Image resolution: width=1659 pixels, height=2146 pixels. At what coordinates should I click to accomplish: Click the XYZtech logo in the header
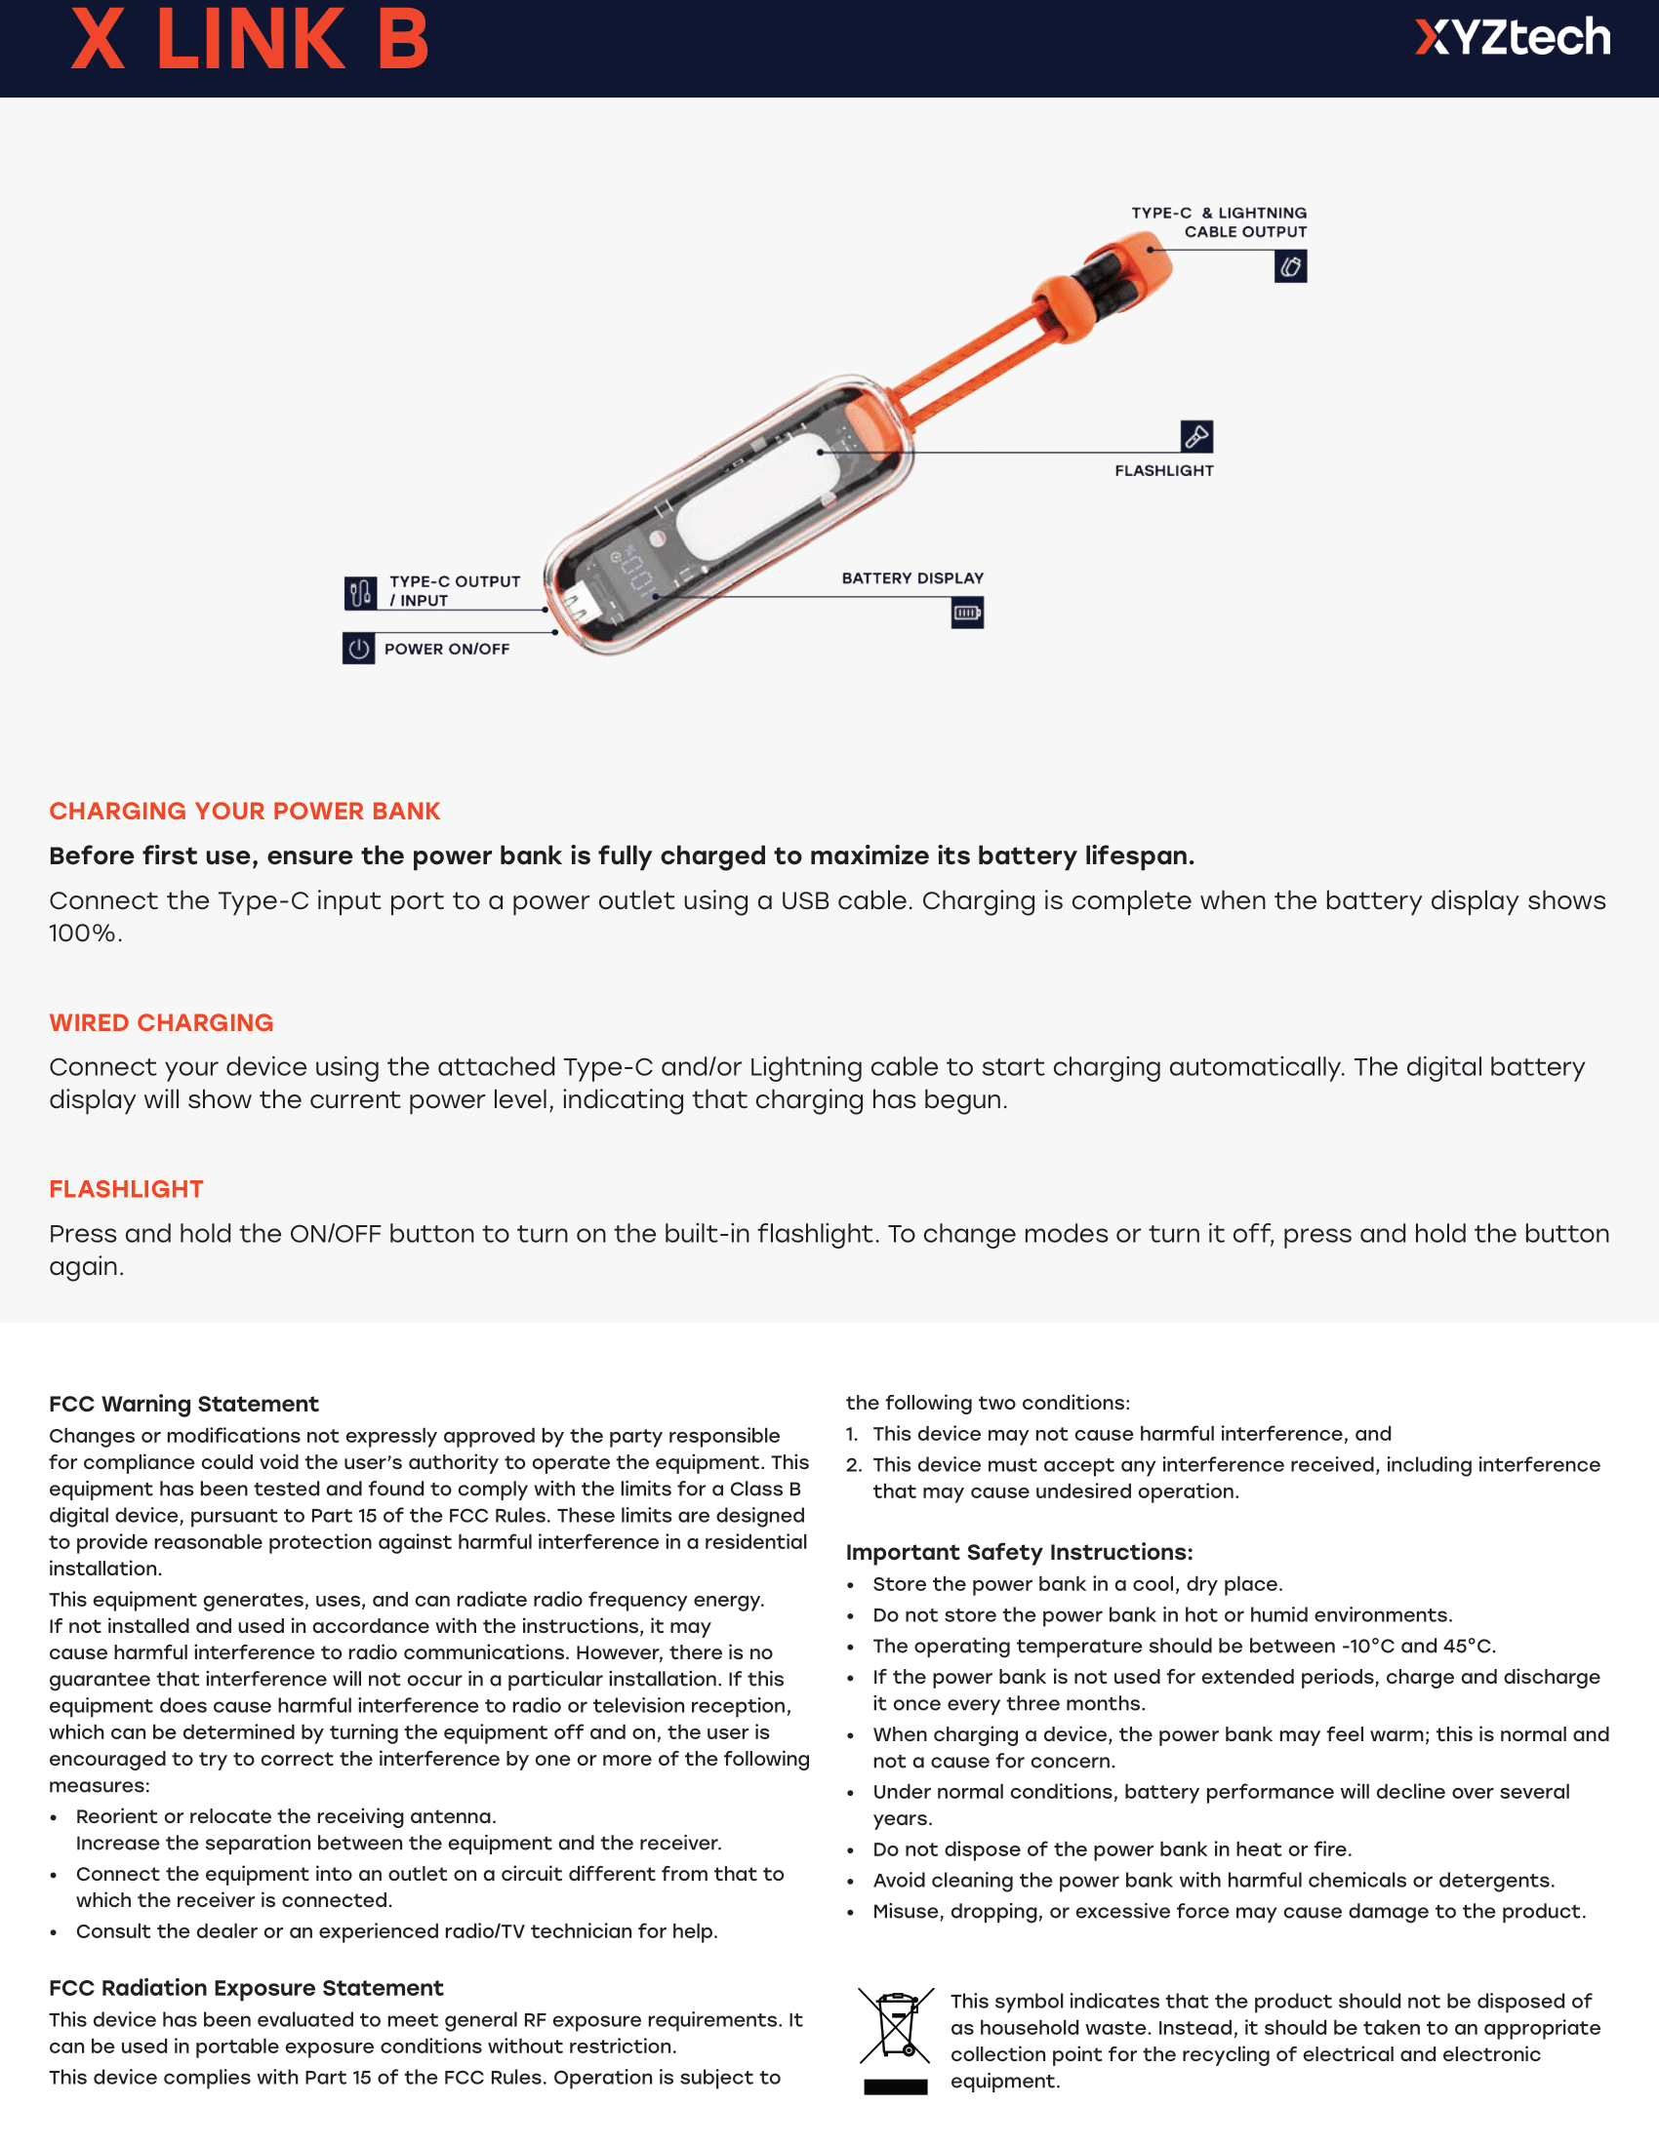click(1512, 38)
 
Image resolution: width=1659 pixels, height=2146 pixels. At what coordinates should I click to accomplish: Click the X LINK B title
click(250, 40)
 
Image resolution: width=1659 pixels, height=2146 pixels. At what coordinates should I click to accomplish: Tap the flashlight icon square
click(1196, 435)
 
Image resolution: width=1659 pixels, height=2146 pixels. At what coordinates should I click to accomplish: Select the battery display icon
click(967, 614)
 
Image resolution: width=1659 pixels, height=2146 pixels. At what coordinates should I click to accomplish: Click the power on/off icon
click(359, 649)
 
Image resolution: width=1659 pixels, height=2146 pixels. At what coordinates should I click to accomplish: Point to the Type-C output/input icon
click(361, 592)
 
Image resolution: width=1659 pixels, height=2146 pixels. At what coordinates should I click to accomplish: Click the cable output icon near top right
click(1290, 266)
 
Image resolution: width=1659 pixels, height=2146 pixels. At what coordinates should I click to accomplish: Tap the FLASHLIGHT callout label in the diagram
click(1163, 471)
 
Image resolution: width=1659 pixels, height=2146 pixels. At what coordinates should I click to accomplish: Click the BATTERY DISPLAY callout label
click(912, 577)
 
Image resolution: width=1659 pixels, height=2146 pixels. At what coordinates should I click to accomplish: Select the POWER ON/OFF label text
click(446, 650)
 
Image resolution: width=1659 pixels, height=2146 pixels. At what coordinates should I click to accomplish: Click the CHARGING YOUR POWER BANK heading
click(245, 811)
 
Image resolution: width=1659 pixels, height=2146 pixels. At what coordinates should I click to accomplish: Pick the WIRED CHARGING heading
click(161, 1023)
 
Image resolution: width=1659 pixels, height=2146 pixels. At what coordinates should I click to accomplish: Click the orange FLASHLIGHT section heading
click(127, 1189)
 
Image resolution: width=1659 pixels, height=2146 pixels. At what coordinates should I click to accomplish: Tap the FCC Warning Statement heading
click(183, 1404)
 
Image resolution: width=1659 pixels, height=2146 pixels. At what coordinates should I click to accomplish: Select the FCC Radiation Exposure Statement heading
click(246, 1988)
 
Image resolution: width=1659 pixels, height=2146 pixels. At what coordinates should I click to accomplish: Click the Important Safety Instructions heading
click(1019, 1553)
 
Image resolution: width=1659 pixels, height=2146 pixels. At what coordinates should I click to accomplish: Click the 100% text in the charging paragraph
click(85, 934)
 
